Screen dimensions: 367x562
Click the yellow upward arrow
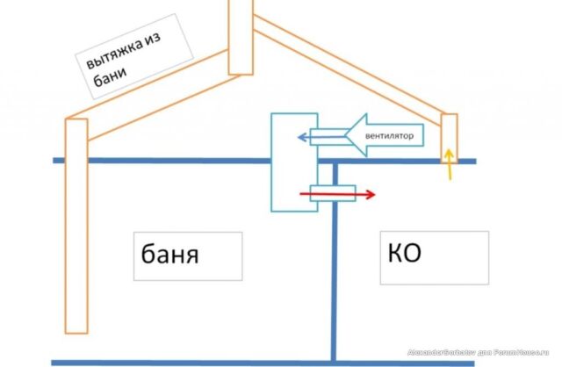(x=450, y=164)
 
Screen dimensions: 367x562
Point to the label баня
(x=169, y=255)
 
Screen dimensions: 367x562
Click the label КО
(x=404, y=255)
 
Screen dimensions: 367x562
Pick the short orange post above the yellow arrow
(x=450, y=132)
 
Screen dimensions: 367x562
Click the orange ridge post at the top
(x=241, y=35)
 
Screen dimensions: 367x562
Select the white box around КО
(x=435, y=256)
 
